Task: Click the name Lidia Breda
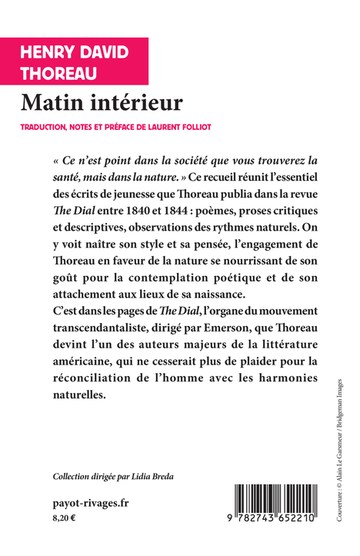(x=151, y=476)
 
